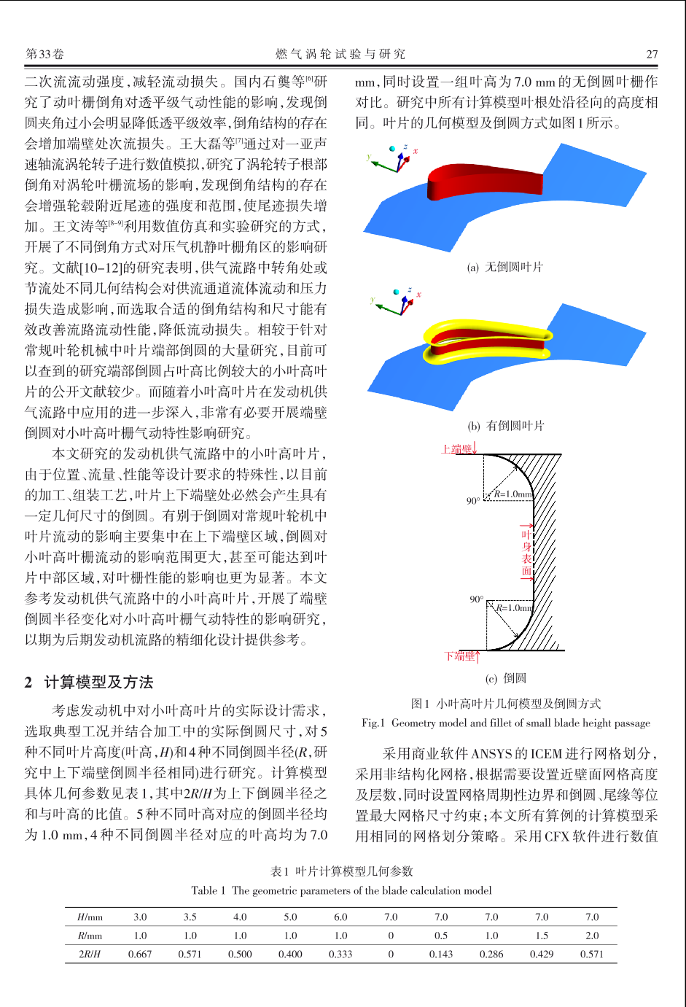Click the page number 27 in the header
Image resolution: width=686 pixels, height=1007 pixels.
652,55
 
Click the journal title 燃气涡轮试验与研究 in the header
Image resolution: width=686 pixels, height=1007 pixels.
340,55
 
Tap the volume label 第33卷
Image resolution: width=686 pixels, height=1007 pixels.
44,55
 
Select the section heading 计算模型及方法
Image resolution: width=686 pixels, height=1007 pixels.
99,682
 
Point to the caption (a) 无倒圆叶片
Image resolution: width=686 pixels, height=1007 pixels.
504,267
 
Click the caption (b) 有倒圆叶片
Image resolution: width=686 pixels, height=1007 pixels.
506,425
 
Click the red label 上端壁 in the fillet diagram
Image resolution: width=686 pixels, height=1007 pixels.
457,448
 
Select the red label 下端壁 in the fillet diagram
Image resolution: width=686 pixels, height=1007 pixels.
459,656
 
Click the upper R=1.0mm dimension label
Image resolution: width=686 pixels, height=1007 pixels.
513,494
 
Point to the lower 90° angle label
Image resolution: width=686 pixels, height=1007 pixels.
477,599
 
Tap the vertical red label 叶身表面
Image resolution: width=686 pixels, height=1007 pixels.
526,553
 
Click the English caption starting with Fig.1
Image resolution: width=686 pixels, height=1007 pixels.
506,723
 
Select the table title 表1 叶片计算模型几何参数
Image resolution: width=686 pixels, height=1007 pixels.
341,871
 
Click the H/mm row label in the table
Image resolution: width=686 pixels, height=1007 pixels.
90,917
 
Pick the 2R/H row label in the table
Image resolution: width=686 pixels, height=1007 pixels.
90,954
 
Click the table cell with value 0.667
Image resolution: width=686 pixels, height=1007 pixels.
140,954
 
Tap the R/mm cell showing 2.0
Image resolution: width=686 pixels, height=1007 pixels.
592,935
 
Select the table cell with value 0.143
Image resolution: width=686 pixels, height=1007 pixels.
441,954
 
